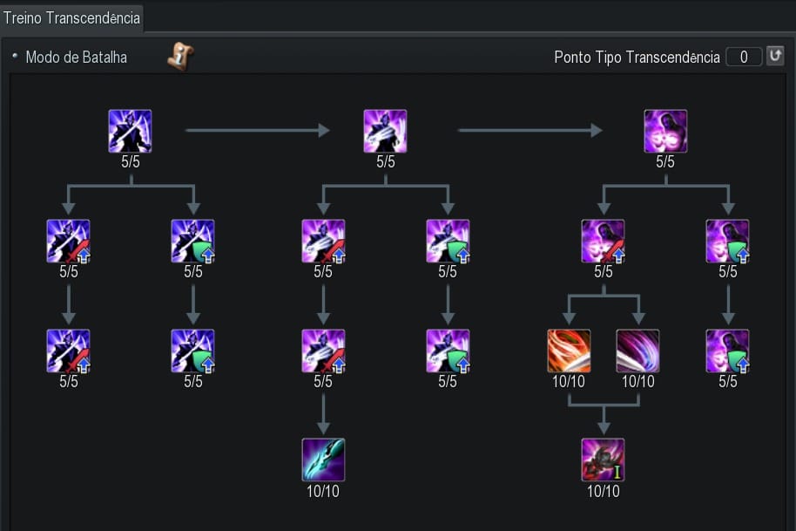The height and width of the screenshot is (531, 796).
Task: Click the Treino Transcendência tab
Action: tap(71, 17)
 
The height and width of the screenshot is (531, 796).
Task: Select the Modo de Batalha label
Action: tap(76, 58)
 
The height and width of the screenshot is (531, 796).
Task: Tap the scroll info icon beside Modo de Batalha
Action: tap(180, 58)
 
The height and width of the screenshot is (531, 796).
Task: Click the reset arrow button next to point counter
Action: tap(774, 57)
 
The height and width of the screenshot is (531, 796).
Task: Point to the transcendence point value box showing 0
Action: tap(743, 57)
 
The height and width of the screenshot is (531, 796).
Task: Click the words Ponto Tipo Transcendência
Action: tap(637, 58)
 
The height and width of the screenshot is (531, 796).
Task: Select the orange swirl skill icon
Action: tap(569, 351)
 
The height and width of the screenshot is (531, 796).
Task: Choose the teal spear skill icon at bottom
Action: tap(323, 460)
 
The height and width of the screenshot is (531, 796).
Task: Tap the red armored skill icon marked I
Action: tap(603, 460)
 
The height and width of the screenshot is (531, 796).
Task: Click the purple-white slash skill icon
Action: tap(637, 351)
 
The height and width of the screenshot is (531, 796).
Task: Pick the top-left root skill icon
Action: tap(130, 131)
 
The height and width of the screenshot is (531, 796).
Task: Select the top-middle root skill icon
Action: tap(385, 131)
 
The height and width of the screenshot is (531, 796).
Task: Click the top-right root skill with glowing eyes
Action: tap(665, 131)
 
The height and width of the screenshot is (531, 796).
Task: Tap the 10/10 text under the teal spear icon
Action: tap(323, 491)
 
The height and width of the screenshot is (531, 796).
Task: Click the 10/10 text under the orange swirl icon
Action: tap(569, 382)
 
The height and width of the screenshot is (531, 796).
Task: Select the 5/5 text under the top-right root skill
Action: tap(665, 162)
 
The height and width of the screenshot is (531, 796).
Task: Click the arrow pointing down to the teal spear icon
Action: tap(323, 413)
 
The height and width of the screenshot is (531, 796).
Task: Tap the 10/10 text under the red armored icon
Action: tap(603, 491)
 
